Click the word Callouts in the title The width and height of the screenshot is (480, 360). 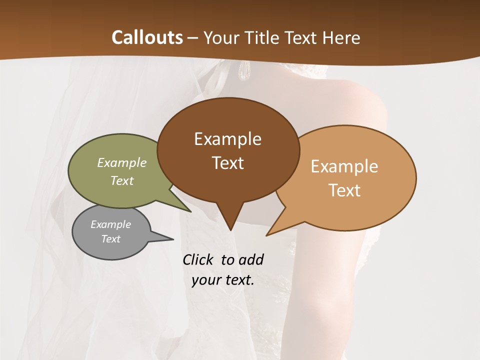147,37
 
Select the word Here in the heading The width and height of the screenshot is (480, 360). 342,37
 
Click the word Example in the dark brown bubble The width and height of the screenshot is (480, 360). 227,139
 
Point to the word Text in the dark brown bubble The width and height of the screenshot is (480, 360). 227,163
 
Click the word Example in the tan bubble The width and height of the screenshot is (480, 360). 344,166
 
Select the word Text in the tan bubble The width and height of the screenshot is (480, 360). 344,190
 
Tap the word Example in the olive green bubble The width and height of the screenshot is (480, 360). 122,162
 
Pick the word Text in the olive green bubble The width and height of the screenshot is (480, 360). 122,180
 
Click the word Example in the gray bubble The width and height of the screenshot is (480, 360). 110,224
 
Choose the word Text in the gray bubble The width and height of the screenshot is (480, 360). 110,239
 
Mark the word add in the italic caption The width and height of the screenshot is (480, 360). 251,260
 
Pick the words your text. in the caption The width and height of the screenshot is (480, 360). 223,280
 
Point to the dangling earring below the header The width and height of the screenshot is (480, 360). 244,71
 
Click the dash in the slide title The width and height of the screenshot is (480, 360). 193,38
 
